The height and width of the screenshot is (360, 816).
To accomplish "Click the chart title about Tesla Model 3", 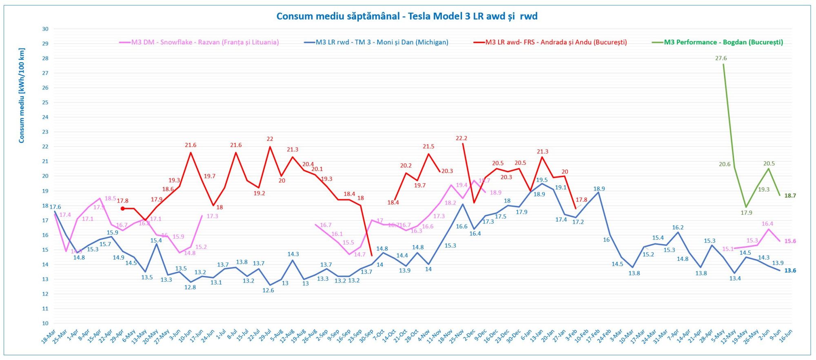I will (x=407, y=16).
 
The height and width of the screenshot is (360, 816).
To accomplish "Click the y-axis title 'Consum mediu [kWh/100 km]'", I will (x=22, y=96).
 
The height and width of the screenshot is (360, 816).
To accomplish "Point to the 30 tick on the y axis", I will (x=45, y=29).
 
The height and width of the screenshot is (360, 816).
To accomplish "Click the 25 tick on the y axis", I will (x=45, y=102).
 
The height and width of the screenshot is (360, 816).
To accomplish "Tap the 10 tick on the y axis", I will (x=45, y=323).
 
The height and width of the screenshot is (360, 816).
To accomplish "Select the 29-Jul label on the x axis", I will (x=265, y=336).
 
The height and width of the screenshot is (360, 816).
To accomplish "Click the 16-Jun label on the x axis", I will (x=786, y=336).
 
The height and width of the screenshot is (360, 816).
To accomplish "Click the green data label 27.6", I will (x=721, y=58).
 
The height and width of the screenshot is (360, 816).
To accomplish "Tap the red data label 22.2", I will (x=461, y=138).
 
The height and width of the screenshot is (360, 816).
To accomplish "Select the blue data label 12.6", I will (x=268, y=290).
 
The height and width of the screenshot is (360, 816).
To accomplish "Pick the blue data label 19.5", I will (x=542, y=180).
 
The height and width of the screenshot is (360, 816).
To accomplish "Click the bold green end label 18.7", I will (x=790, y=196).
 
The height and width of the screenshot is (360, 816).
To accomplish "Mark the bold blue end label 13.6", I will (x=790, y=271).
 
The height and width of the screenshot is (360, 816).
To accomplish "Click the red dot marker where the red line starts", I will (x=122, y=209).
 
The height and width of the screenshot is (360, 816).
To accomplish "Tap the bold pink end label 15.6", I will (x=790, y=241).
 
